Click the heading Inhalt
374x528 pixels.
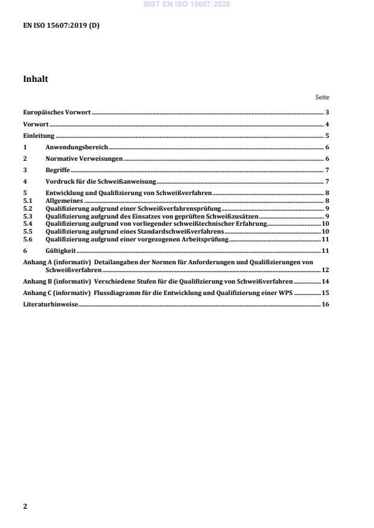click(x=36, y=79)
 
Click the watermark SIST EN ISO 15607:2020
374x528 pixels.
click(x=186, y=5)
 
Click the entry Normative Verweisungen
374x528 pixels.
click(x=84, y=159)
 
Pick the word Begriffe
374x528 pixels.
click(x=58, y=170)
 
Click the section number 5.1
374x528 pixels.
click(x=27, y=200)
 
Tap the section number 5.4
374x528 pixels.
click(x=27, y=223)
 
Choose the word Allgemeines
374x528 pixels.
click(x=64, y=200)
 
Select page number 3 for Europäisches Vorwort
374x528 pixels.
click(x=326, y=113)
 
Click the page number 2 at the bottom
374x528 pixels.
click(x=25, y=506)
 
